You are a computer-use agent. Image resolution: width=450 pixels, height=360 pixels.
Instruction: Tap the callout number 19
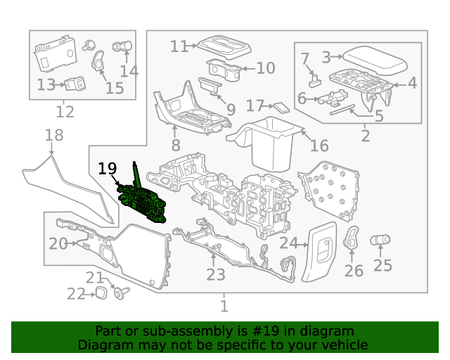pos(107,169)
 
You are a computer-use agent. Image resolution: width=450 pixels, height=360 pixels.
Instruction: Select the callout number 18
pos(54,135)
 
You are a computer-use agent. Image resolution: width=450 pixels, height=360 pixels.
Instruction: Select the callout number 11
pos(179,46)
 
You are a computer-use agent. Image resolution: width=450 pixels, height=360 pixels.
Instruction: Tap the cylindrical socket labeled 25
pos(382,240)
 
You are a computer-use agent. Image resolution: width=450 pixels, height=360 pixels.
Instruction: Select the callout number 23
pos(216,274)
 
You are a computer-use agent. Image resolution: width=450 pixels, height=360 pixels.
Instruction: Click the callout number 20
pos(58,244)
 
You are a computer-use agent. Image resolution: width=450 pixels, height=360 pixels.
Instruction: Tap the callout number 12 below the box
pos(65,112)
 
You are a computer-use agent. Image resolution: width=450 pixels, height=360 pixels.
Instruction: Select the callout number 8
pos(175,146)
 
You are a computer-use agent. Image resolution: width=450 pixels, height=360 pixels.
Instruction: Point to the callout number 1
pos(224,306)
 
